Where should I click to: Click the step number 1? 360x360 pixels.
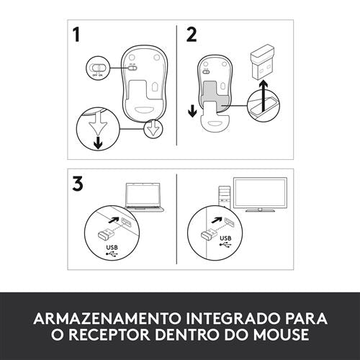(x=76, y=35)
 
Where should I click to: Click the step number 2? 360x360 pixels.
(x=192, y=35)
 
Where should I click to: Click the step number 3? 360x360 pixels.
(x=78, y=184)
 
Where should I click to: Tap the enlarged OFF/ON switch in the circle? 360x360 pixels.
(x=97, y=68)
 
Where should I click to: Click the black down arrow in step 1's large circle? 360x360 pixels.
(x=98, y=143)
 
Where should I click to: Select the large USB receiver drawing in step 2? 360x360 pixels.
(x=262, y=62)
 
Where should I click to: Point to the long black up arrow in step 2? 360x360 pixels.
(x=264, y=96)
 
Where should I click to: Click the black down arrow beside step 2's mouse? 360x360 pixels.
(x=192, y=112)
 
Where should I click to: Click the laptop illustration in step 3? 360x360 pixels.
(x=144, y=197)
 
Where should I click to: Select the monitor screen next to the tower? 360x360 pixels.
(x=260, y=194)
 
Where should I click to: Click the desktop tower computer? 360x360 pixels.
(x=225, y=197)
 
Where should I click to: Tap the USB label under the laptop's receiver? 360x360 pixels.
(x=112, y=248)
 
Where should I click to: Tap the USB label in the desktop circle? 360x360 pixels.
(x=225, y=238)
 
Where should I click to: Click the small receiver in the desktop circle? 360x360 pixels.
(x=210, y=235)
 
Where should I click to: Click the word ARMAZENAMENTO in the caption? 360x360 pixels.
(x=107, y=318)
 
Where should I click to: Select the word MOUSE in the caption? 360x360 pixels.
(x=281, y=334)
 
